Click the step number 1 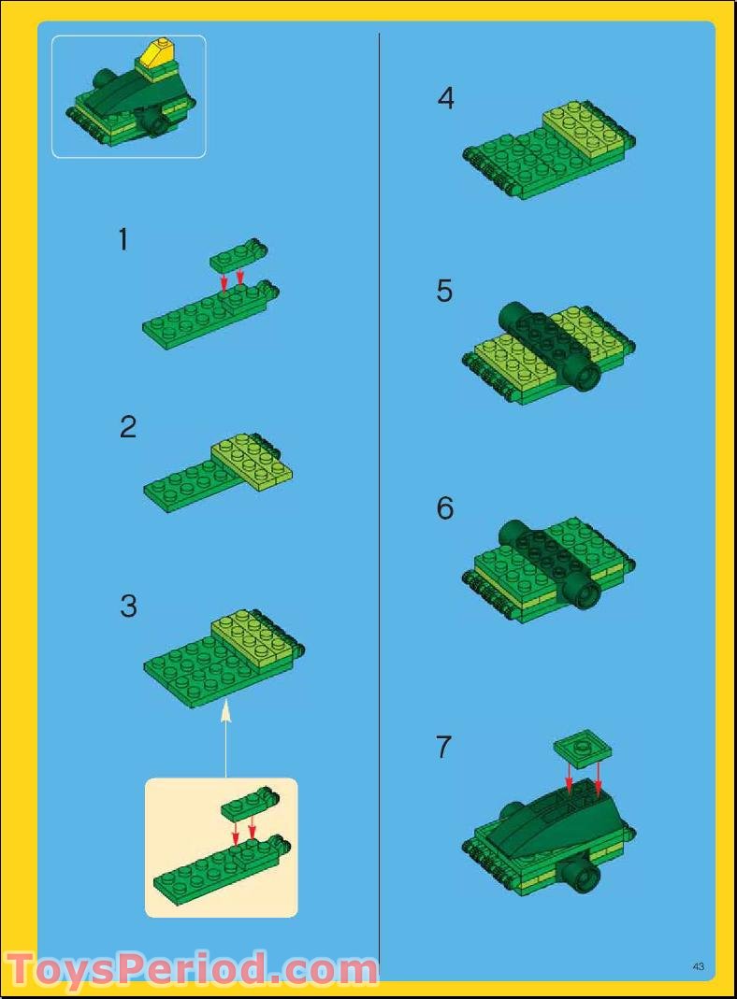click(123, 240)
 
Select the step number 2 click(128, 427)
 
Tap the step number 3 click(128, 607)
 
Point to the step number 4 click(446, 98)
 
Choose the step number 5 click(445, 292)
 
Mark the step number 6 click(445, 508)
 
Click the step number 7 click(444, 748)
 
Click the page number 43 click(698, 966)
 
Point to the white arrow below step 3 click(225, 738)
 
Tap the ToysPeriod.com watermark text click(191, 969)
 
